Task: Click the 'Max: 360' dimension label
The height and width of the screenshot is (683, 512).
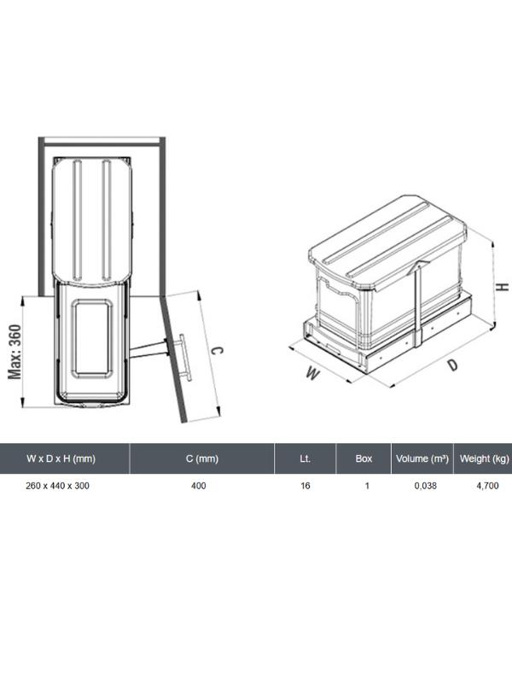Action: [x=15, y=352]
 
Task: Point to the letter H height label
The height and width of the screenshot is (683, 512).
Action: [x=503, y=287]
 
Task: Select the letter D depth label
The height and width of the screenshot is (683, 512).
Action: [x=454, y=365]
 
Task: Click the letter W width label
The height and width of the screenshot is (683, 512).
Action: [x=313, y=373]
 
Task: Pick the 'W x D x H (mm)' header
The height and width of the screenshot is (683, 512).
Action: [x=61, y=458]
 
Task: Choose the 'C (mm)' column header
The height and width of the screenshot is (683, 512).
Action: [x=202, y=458]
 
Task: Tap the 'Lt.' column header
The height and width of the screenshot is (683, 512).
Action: [x=305, y=458]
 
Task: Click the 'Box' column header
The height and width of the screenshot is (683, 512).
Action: [x=364, y=458]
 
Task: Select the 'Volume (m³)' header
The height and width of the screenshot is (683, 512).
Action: [x=422, y=458]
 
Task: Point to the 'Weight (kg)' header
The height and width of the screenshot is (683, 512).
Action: [x=485, y=458]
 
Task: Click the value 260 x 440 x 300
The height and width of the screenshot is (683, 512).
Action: [x=57, y=486]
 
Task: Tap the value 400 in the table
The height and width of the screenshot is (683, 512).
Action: [x=199, y=486]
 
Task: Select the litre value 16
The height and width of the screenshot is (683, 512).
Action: [x=305, y=486]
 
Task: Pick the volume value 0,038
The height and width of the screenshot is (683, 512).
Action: [x=425, y=486]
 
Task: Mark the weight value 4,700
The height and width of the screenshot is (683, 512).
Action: [x=487, y=486]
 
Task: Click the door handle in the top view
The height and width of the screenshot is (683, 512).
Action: [x=184, y=356]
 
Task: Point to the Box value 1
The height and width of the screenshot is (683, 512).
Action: [x=367, y=486]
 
